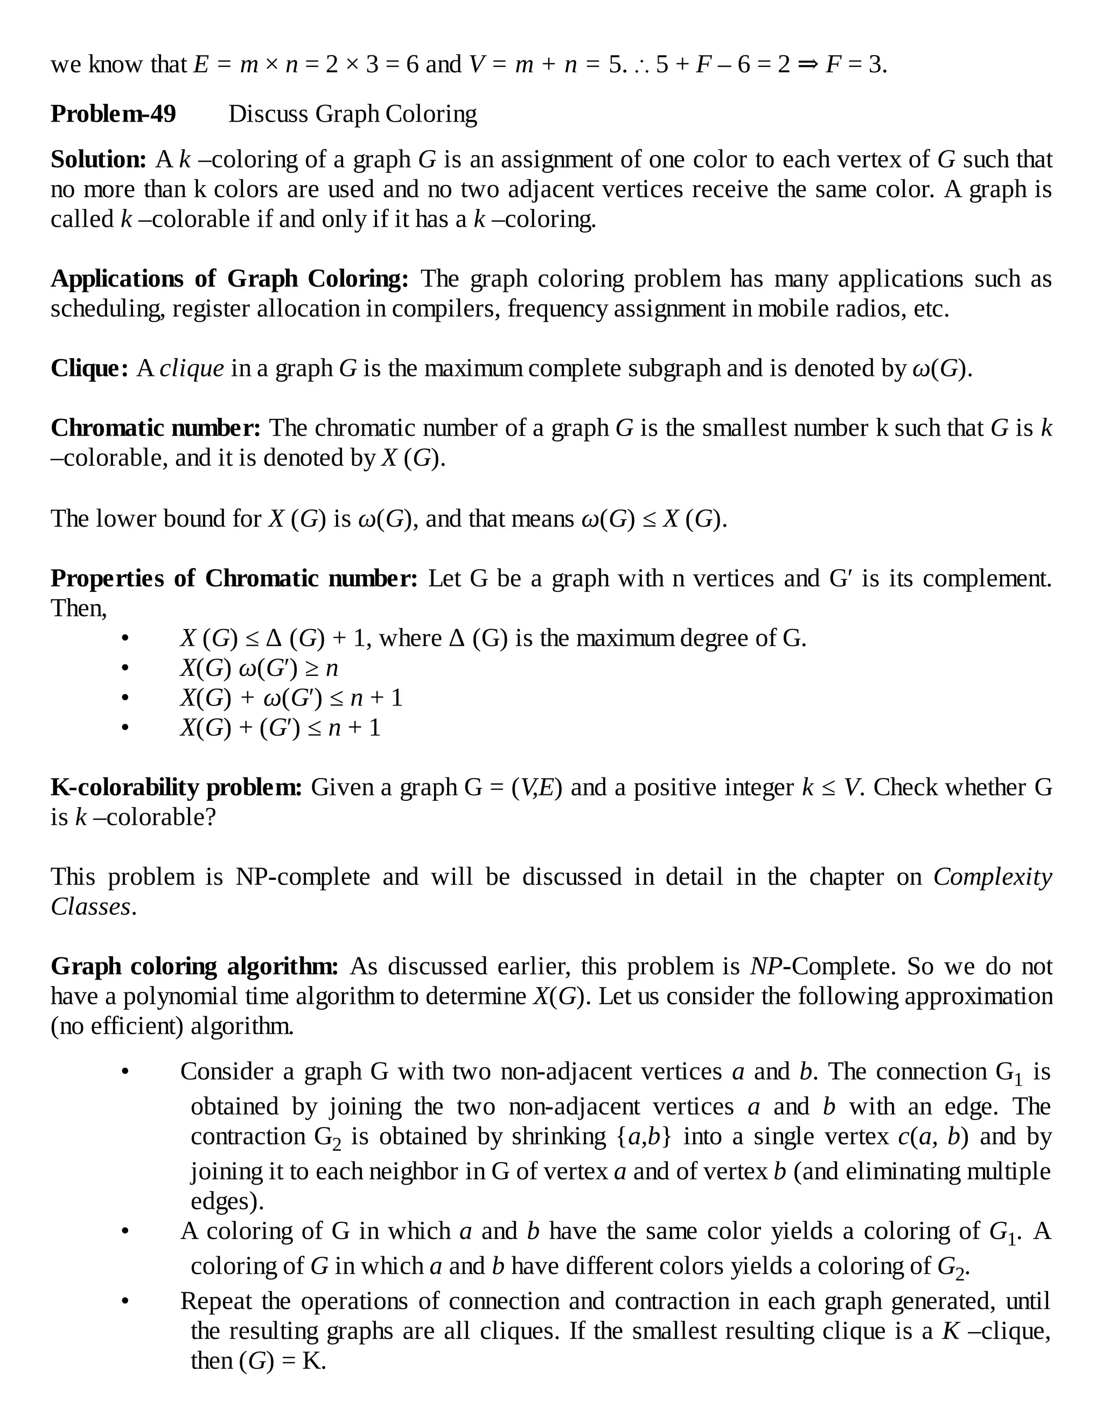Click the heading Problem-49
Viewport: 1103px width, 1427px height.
coord(113,114)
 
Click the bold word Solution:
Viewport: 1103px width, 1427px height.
coord(99,159)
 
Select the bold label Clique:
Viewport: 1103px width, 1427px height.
coord(89,368)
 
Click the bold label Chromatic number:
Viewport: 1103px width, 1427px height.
coord(156,428)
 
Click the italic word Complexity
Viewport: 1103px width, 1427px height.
coord(992,877)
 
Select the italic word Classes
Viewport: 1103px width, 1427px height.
coord(91,907)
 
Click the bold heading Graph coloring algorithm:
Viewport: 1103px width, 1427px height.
coord(194,967)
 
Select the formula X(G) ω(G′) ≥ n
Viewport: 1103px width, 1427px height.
coord(259,668)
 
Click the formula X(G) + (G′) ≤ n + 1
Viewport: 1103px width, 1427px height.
coord(280,728)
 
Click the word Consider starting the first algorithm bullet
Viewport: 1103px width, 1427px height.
coord(226,1072)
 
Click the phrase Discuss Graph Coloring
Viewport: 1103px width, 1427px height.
coord(352,114)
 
